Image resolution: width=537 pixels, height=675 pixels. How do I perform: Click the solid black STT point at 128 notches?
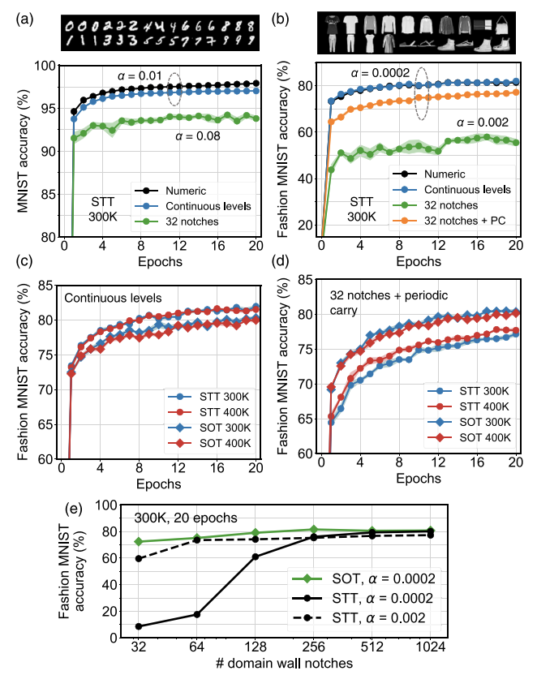(255, 557)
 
